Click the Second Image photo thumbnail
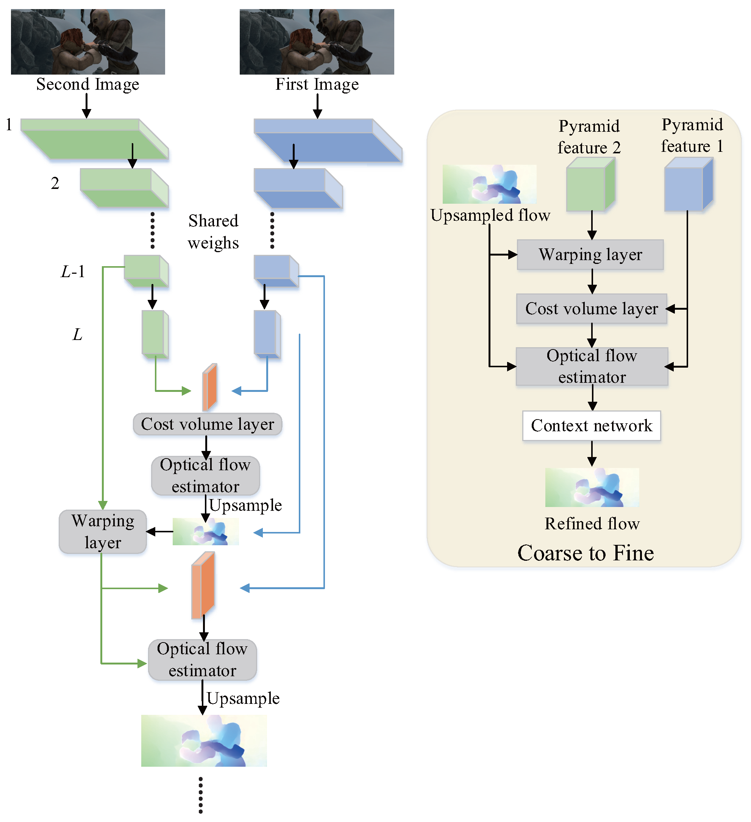click(88, 42)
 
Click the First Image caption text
click(317, 84)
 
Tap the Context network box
click(591, 426)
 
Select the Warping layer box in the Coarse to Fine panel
click(590, 255)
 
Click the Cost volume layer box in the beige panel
click(591, 309)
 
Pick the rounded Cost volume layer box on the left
click(207, 424)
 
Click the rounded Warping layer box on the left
click(102, 532)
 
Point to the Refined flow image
click(592, 488)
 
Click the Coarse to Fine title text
click(585, 553)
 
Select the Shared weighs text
click(213, 232)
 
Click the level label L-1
click(73, 271)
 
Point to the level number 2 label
click(55, 184)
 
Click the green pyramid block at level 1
click(94, 139)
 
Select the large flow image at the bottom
click(204, 741)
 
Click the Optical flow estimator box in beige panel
click(592, 366)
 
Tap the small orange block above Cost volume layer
click(210, 387)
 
